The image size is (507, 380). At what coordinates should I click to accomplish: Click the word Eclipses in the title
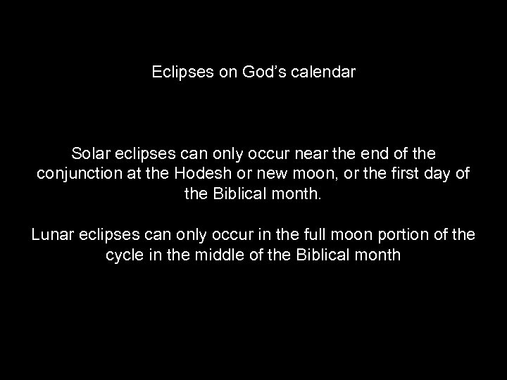(179, 72)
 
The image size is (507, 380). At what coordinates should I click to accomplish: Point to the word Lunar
(52, 234)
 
